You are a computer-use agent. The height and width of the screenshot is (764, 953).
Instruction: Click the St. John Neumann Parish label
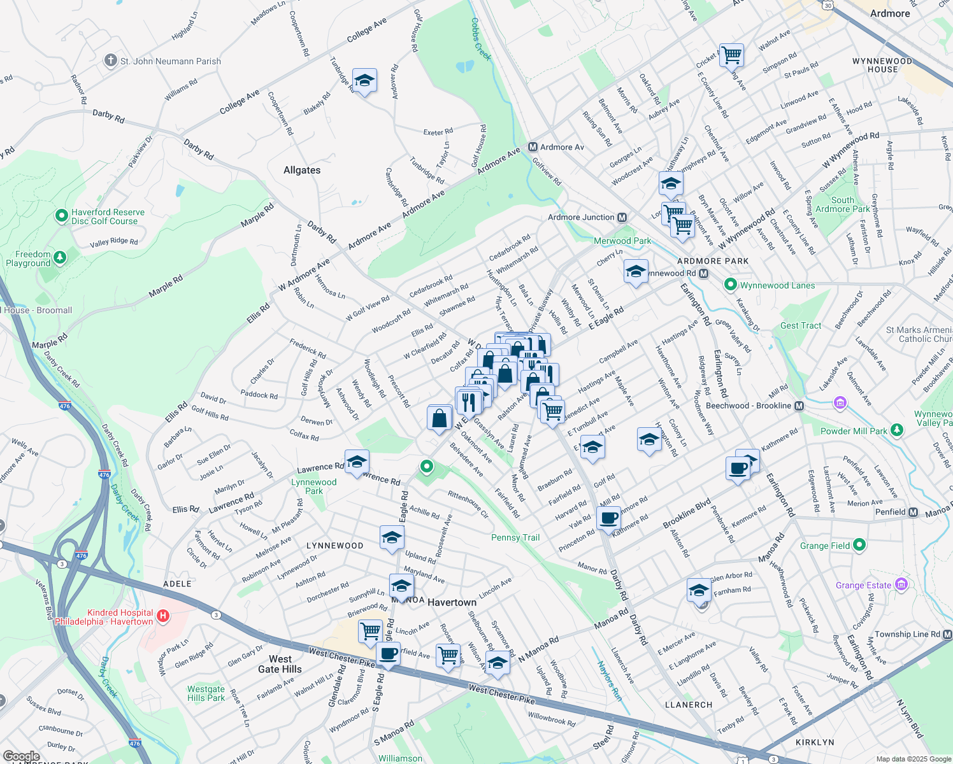[170, 61]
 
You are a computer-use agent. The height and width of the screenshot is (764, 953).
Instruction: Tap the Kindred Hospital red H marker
[163, 615]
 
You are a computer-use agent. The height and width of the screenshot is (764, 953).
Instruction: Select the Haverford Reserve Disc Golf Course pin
[62, 216]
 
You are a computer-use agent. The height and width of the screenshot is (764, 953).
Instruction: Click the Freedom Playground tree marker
[60, 257]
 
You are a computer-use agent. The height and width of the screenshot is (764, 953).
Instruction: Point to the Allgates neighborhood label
[302, 170]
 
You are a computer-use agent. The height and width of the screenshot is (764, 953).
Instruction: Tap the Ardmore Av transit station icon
[533, 147]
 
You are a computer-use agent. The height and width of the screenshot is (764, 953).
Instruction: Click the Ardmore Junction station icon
[622, 217]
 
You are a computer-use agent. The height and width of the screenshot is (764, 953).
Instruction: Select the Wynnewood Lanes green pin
[731, 285]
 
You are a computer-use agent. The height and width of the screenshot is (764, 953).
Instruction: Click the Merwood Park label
[622, 241]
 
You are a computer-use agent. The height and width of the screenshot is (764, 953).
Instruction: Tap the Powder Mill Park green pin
[897, 430]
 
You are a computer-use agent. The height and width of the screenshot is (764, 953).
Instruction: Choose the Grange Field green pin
[859, 545]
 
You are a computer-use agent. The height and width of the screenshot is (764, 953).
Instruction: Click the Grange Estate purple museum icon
[901, 584]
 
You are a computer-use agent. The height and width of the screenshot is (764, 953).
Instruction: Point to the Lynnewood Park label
[313, 486]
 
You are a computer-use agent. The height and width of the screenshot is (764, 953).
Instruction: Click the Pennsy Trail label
[515, 537]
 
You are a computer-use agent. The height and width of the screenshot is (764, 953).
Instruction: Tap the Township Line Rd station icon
[947, 634]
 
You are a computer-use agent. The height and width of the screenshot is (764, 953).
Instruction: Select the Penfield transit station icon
[913, 512]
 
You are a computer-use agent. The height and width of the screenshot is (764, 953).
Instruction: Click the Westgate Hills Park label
[206, 693]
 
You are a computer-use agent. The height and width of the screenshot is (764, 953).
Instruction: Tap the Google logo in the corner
[21, 757]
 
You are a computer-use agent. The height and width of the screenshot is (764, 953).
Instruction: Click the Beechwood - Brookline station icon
[799, 406]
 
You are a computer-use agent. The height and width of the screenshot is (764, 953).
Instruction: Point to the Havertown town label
[452, 602]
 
